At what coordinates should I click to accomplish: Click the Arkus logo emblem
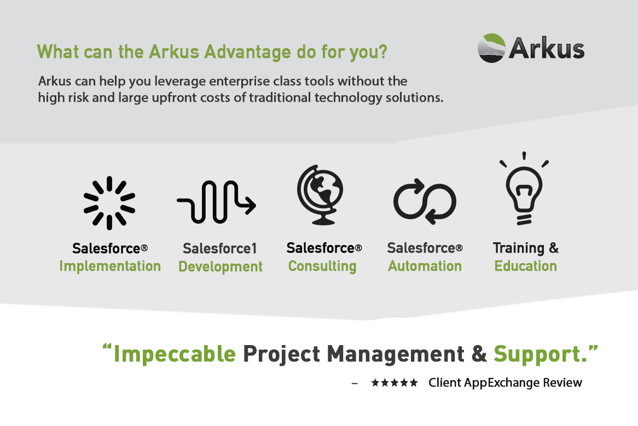491,48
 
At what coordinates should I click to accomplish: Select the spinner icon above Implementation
109,203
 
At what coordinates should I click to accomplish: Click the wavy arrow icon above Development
216,203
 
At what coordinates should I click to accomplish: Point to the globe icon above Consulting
320,195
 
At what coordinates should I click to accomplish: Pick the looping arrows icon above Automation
425,201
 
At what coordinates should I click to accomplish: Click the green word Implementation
110,266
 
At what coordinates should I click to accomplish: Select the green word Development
221,267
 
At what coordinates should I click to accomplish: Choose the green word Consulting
322,266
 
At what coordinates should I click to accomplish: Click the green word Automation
425,266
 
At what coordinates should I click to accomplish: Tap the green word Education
526,266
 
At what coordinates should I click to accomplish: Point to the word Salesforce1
220,249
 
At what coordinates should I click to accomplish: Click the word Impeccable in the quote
175,354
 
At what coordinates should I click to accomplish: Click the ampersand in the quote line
479,354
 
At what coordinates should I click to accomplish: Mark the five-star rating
395,383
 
